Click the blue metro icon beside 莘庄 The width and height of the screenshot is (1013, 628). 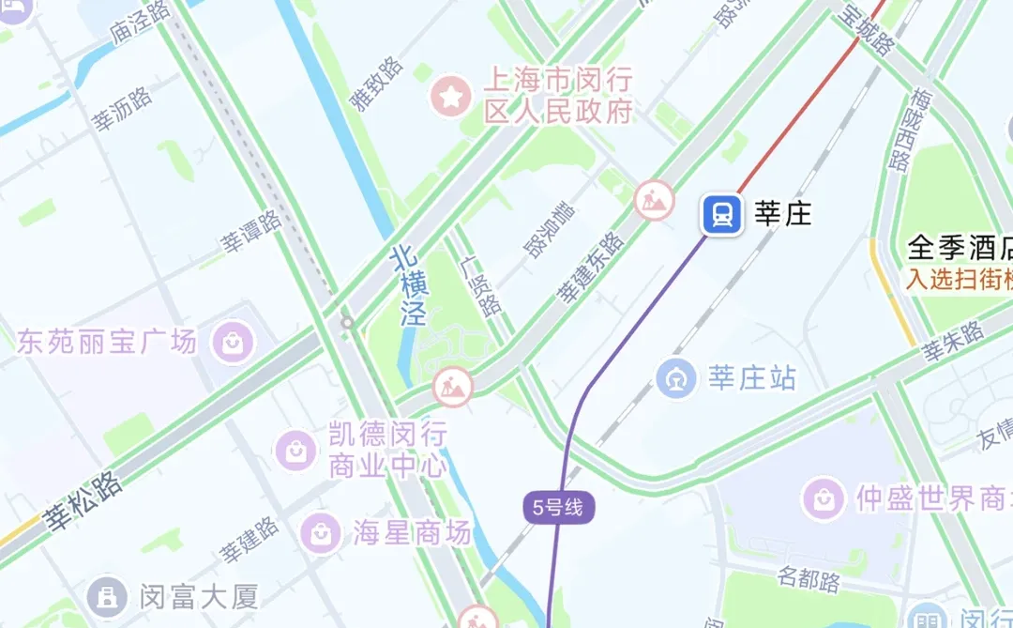721,214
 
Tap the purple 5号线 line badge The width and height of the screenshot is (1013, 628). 558,508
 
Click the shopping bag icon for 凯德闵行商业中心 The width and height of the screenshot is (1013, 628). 296,452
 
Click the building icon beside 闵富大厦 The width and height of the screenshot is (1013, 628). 108,595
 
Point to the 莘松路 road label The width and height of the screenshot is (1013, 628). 83,499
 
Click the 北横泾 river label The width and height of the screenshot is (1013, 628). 409,285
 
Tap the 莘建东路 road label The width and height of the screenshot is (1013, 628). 591,268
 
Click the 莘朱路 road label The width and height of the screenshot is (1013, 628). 951,342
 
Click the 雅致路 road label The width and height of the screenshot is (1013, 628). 377,84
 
